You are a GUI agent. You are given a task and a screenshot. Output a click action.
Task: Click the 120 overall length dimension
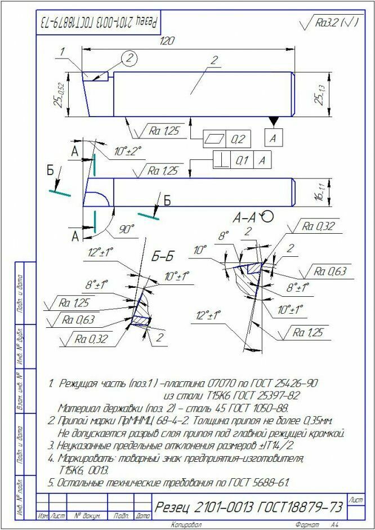[x=167, y=41]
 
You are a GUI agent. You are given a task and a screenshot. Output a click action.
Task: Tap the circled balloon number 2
[x=130, y=57]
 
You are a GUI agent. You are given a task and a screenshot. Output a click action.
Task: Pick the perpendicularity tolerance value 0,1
[x=242, y=160]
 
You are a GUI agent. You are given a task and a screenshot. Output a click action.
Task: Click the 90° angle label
[x=127, y=229]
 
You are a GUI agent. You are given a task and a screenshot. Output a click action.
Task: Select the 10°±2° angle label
[x=128, y=150]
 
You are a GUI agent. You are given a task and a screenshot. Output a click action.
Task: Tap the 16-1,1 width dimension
[x=318, y=192]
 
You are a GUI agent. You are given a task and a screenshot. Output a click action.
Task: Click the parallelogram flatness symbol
[x=215, y=139]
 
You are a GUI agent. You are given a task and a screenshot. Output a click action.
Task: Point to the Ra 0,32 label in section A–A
[x=318, y=226]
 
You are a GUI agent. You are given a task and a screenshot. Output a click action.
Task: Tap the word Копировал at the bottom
[x=186, y=525]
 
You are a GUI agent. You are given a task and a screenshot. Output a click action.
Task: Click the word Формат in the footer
[x=307, y=525]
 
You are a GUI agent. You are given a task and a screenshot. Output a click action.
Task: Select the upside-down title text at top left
[x=99, y=23]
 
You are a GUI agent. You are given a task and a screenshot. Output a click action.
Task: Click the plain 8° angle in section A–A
[x=224, y=235]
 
